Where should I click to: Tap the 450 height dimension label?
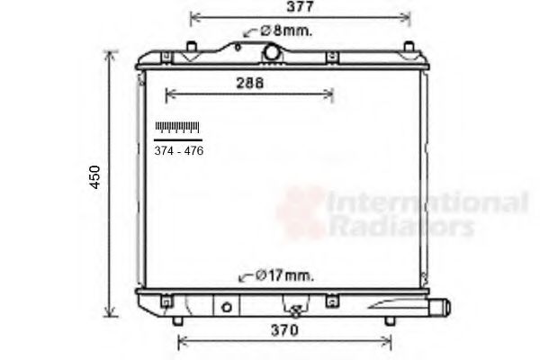95,177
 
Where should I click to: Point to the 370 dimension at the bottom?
283,330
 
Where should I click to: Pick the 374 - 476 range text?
178,150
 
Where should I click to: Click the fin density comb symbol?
177,128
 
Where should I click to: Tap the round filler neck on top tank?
272,54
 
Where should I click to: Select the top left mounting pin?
192,46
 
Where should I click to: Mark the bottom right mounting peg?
389,320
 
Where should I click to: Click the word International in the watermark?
427,203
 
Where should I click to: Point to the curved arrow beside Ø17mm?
243,276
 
